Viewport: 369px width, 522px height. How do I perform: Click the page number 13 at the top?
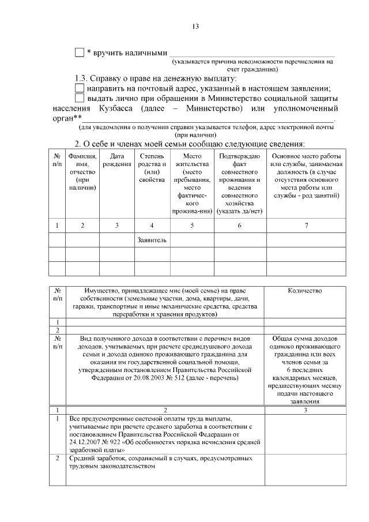pyautogui.click(x=195, y=27)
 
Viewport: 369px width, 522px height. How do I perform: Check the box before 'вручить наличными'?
pyautogui.click(x=80, y=53)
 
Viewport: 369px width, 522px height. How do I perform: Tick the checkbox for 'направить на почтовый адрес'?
pyautogui.click(x=80, y=88)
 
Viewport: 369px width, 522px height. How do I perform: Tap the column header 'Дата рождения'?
pyautogui.click(x=117, y=160)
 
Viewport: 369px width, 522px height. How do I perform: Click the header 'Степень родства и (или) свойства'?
pyautogui.click(x=152, y=168)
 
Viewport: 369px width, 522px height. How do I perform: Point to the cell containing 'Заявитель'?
pyautogui.click(x=152, y=239)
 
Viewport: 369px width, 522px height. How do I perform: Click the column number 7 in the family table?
pyautogui.click(x=306, y=225)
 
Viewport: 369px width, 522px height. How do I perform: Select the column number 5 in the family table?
pyautogui.click(x=192, y=225)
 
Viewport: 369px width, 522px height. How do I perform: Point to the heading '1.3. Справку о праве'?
pyautogui.click(x=124, y=78)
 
